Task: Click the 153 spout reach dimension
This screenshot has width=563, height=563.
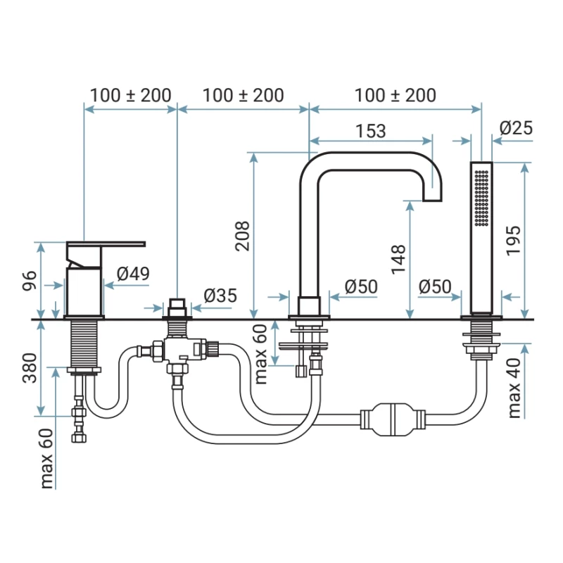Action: (371, 131)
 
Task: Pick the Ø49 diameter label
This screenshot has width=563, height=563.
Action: (133, 274)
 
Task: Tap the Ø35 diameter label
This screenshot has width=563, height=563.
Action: (220, 296)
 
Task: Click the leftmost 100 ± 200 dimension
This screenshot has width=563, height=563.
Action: (131, 96)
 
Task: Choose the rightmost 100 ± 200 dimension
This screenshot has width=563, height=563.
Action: (396, 96)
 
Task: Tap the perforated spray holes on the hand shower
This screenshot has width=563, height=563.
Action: (481, 198)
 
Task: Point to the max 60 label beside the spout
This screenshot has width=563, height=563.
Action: (261, 355)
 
